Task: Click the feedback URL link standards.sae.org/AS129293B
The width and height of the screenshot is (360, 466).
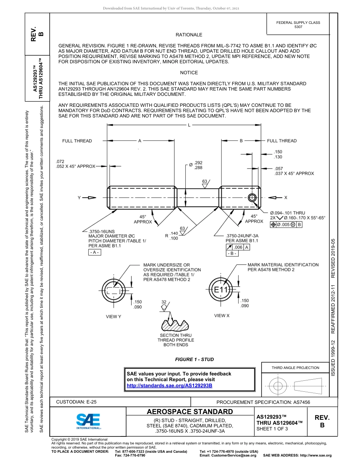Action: pyautogui.click(x=169, y=385)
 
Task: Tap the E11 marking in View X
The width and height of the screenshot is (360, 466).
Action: pyautogui.click(x=220, y=290)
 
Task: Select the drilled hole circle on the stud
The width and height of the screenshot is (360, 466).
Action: pyautogui.click(x=252, y=197)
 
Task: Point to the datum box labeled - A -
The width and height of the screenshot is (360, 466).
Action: pyautogui.click(x=95, y=252)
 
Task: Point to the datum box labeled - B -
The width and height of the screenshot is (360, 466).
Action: pyautogui.click(x=232, y=253)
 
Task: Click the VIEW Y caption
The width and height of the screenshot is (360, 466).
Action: pyautogui.click(x=113, y=316)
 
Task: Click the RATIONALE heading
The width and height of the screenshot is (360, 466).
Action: pyautogui.click(x=189, y=35)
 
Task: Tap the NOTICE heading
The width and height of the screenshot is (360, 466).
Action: pyautogui.click(x=189, y=73)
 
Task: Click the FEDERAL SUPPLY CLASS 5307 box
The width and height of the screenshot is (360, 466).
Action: pyautogui.click(x=298, y=25)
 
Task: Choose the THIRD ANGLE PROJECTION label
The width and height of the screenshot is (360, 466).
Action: pyautogui.click(x=295, y=367)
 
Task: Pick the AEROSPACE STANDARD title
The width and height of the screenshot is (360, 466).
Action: pyautogui.click(x=190, y=412)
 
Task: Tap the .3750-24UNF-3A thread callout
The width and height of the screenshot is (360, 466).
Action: pyautogui.click(x=242, y=235)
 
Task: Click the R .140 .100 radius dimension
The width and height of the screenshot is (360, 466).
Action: pyautogui.click(x=172, y=236)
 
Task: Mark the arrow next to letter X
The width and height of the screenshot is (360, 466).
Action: pyautogui.click(x=275, y=197)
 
